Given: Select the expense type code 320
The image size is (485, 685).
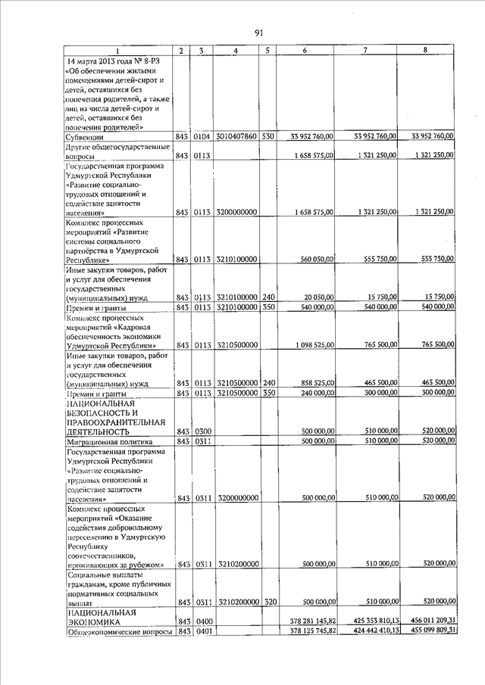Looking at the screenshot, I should coord(268,602).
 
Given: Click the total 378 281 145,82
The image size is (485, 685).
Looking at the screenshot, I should coord(312,621).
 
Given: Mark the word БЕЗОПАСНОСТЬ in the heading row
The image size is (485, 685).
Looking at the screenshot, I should coord(102,413).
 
